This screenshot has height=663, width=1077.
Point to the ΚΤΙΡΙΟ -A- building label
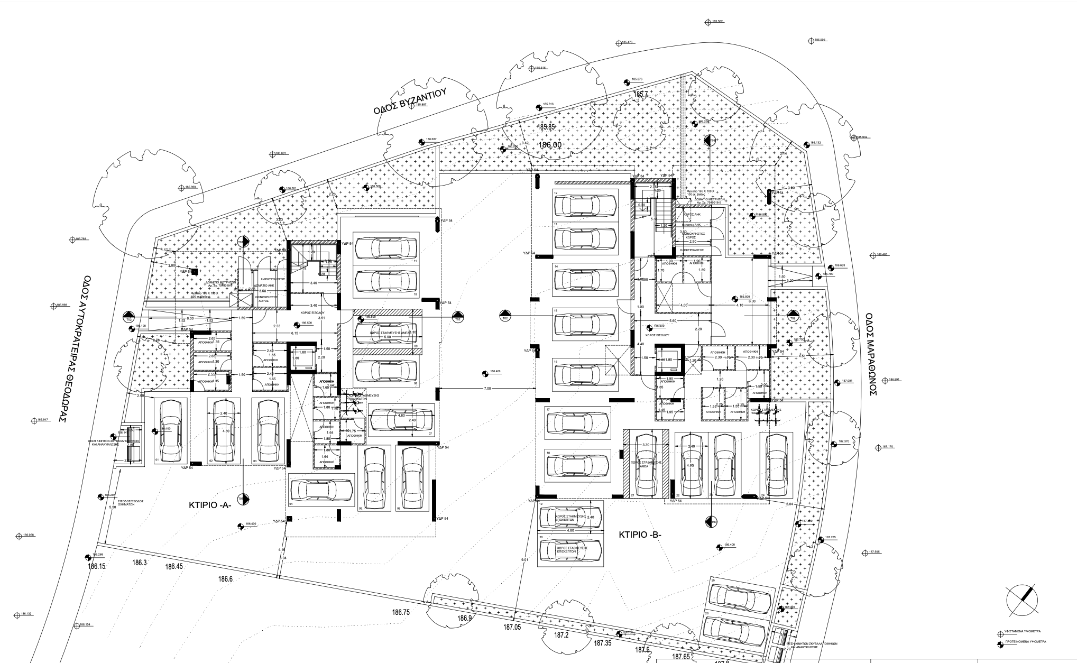coord(210,505)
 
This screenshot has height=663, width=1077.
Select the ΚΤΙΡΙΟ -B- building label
coord(640,535)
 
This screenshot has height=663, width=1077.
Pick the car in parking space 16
coord(585,375)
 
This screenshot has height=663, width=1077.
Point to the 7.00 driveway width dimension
coord(487,389)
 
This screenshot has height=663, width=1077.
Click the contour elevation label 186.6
coord(225,579)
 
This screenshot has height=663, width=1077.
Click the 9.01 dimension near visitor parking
coord(524,559)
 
